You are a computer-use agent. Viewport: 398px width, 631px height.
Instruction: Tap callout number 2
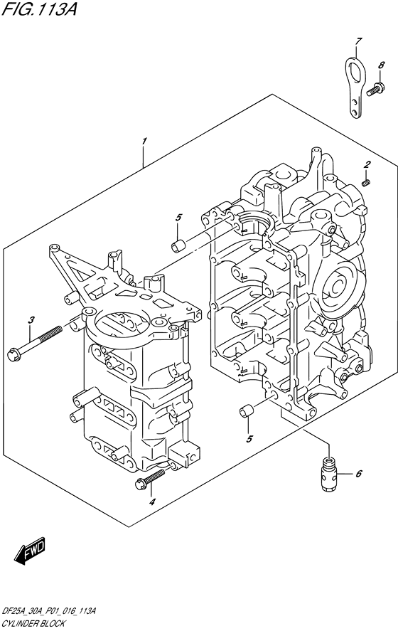pyautogui.click(x=367, y=165)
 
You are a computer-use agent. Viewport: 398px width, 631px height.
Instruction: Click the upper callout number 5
pyautogui.click(x=179, y=217)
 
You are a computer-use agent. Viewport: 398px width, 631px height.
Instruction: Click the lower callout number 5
pyautogui.click(x=248, y=439)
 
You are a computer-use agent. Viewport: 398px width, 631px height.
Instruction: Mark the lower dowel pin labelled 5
pyautogui.click(x=247, y=411)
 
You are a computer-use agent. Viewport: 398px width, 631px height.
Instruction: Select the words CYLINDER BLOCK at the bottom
pyautogui.click(x=33, y=622)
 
